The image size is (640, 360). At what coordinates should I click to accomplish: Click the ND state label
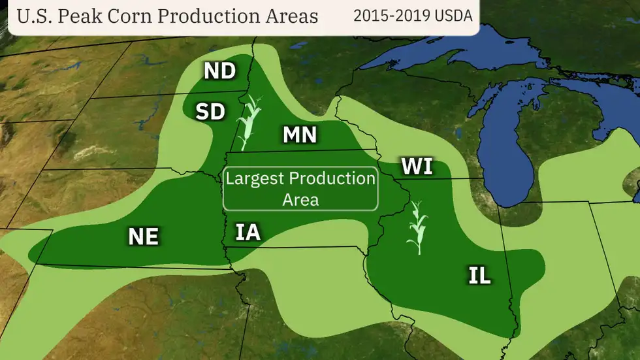(219, 71)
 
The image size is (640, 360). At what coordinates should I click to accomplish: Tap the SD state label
(210, 112)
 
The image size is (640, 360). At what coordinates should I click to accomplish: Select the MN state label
(300, 135)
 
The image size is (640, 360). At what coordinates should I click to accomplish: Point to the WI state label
(417, 167)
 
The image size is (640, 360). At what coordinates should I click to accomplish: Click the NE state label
(143, 236)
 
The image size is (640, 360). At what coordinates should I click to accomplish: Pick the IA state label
(248, 232)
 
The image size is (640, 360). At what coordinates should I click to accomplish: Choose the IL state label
(479, 276)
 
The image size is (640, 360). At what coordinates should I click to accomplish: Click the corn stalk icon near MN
(249, 122)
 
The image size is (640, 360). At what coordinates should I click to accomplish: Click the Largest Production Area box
(300, 189)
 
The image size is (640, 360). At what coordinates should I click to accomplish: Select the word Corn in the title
(131, 16)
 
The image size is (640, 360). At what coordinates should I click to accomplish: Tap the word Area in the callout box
(300, 199)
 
